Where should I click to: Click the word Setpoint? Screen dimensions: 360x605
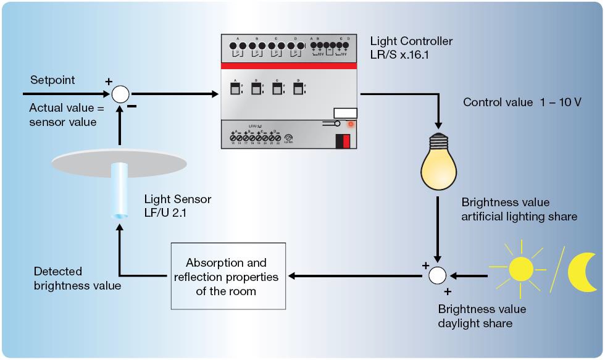click(52, 80)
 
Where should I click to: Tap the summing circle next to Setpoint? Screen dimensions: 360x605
click(120, 94)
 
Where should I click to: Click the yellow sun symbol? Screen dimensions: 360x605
click(520, 269)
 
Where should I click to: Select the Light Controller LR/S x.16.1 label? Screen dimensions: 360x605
click(411, 48)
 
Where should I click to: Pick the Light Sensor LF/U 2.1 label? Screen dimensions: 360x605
click(178, 206)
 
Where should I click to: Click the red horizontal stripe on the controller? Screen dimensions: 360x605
click(288, 66)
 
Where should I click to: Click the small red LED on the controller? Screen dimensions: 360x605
click(351, 123)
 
